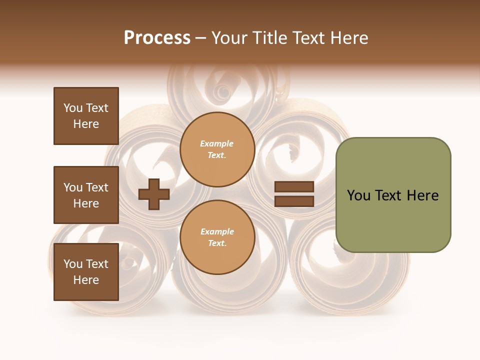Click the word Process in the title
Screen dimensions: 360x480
(157, 38)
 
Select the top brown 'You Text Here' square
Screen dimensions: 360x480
(86, 116)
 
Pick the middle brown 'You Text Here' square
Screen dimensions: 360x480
(86, 195)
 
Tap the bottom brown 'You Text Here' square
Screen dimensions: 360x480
(86, 272)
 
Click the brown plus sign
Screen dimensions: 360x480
(154, 194)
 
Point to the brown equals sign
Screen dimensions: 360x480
(294, 194)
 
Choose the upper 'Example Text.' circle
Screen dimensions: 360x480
(217, 149)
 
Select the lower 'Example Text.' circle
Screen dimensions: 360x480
(217, 237)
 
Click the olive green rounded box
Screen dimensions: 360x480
(393, 195)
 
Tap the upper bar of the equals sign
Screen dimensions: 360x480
(294, 187)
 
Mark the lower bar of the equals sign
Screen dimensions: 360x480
(294, 201)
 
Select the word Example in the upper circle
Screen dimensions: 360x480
(217, 143)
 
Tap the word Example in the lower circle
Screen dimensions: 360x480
(217, 231)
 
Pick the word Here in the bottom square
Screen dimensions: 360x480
(86, 280)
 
